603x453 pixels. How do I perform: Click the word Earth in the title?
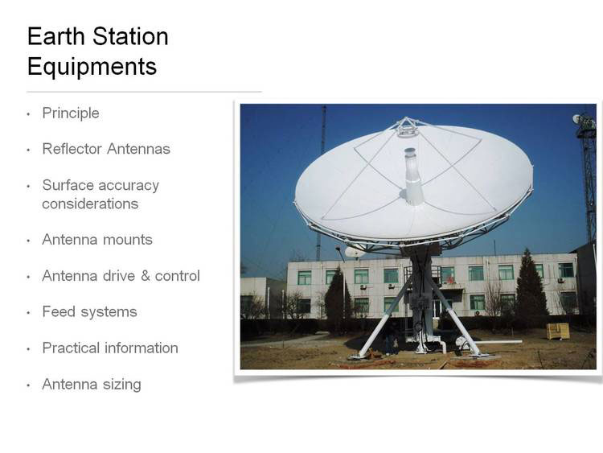click(x=56, y=36)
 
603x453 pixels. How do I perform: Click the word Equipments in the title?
click(x=92, y=67)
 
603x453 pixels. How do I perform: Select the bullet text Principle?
click(x=71, y=113)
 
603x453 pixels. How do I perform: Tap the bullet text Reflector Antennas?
click(x=106, y=149)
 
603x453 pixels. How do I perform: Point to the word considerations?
click(x=90, y=204)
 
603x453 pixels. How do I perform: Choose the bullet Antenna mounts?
click(x=97, y=240)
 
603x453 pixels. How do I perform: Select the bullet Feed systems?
click(x=89, y=312)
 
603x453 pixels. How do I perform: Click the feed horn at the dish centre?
click(x=413, y=176)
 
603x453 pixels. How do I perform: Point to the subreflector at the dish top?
click(x=407, y=127)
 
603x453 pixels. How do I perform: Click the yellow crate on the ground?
click(x=558, y=331)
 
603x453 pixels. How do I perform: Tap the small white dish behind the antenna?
click(x=355, y=253)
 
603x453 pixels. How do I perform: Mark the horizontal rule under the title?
click(x=144, y=92)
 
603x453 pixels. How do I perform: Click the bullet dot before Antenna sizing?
click(x=28, y=385)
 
